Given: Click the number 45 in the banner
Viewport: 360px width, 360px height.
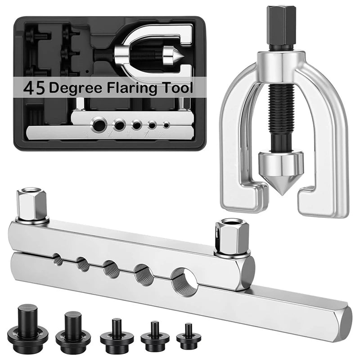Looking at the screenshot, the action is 34,89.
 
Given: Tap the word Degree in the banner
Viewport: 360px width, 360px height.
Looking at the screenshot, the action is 75,89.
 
